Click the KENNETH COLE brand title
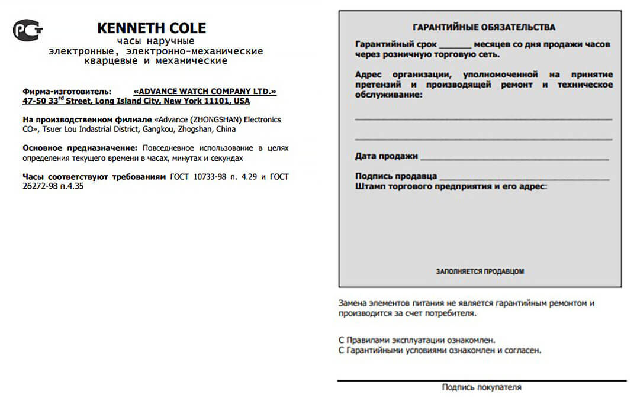point(151,28)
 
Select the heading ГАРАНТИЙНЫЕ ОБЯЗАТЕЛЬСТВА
point(483,27)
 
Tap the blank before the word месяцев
point(455,46)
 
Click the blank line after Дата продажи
point(514,159)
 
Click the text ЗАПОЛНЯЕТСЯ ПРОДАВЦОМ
point(480,271)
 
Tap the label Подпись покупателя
point(481,387)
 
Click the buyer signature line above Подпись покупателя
point(481,380)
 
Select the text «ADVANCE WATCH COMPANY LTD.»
point(205,92)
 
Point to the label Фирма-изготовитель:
point(66,92)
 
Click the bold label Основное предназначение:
point(80,148)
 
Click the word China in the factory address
point(226,129)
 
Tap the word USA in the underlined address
point(242,101)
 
